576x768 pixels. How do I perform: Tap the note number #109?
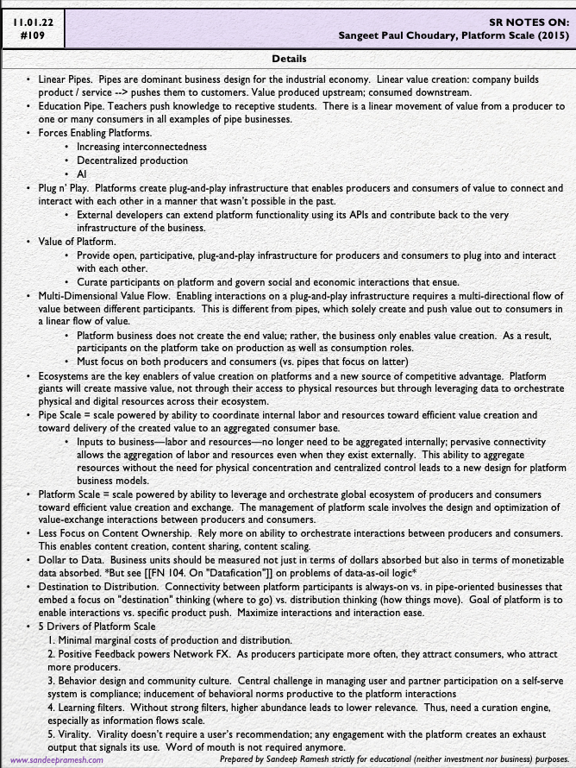[29, 35]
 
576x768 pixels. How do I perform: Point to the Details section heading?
[288, 59]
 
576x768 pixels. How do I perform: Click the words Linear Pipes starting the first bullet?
[66, 79]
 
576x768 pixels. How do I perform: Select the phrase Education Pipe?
[72, 106]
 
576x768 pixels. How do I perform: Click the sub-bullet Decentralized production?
[132, 161]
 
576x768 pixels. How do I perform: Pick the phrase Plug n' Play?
[65, 187]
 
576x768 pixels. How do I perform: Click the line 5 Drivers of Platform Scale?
[98, 626]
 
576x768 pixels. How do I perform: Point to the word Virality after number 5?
[77, 733]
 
